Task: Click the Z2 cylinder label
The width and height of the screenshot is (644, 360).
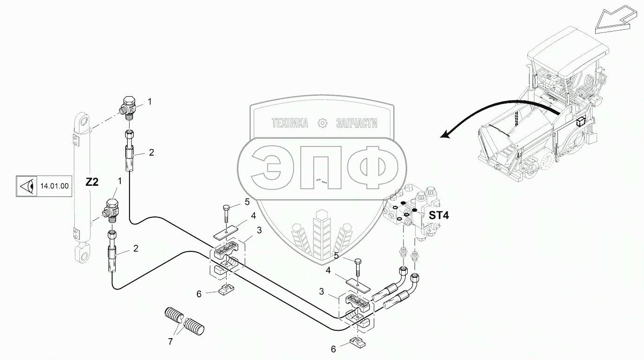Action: [92, 183]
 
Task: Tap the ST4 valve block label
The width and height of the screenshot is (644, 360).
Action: [439, 216]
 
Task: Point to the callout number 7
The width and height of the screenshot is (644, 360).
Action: [170, 342]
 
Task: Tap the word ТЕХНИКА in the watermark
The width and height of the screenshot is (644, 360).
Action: [290, 123]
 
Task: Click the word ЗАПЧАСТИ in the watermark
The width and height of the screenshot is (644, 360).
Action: [356, 123]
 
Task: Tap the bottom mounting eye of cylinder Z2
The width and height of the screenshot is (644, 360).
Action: [82, 255]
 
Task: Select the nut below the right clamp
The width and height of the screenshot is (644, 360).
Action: [358, 343]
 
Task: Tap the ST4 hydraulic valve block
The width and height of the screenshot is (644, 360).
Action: [413, 211]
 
